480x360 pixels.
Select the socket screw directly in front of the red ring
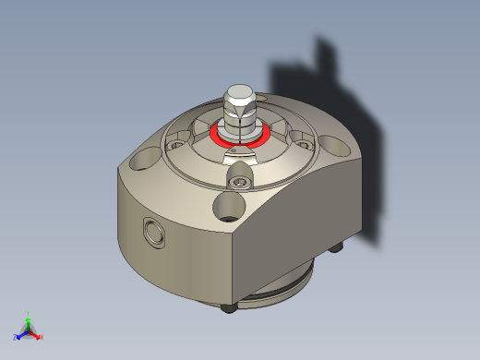pos(241,182)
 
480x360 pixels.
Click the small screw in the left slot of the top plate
pos(175,143)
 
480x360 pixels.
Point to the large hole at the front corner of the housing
pos(230,205)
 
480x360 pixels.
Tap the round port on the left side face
pos(150,233)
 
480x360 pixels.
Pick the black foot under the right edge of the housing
pos(338,247)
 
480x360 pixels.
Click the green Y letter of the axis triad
pos(29,314)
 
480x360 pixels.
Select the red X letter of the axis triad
pos(42,337)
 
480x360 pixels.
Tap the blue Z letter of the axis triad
pos(16,337)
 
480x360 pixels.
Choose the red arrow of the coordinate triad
pos(35,333)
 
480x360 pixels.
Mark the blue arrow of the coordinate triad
pos(22,333)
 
